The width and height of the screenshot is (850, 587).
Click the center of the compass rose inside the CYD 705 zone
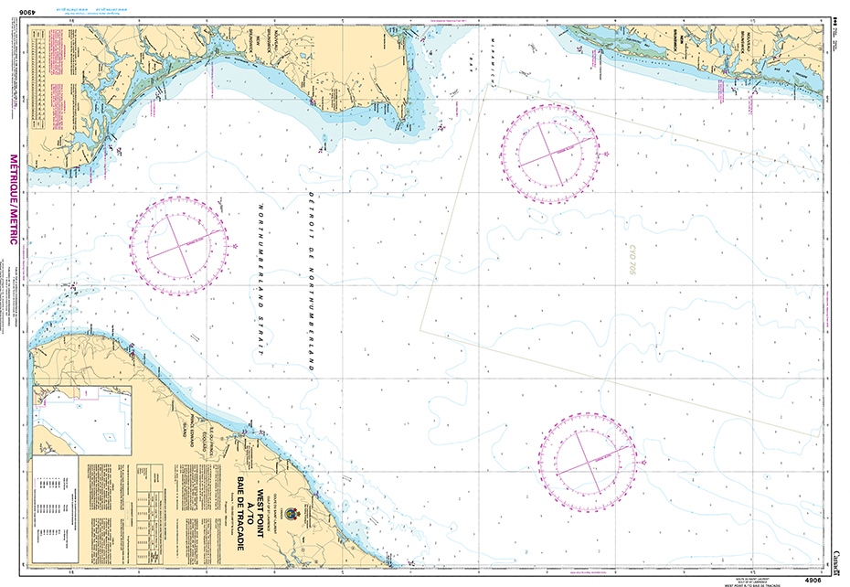point(551,152)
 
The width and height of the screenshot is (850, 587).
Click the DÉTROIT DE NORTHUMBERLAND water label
point(311,279)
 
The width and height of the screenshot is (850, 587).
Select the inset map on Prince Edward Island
point(81,418)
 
